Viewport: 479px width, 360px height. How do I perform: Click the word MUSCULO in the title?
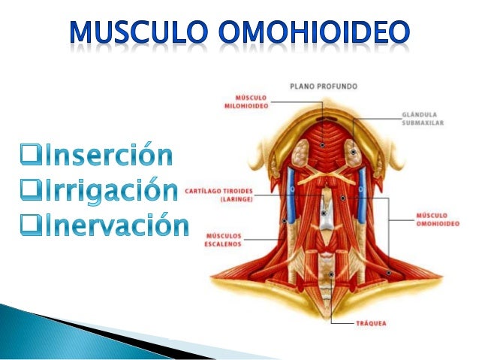[x=137, y=32]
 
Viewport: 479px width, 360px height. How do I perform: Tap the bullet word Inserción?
[x=108, y=156]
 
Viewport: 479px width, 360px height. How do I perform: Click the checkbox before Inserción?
[x=31, y=158]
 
